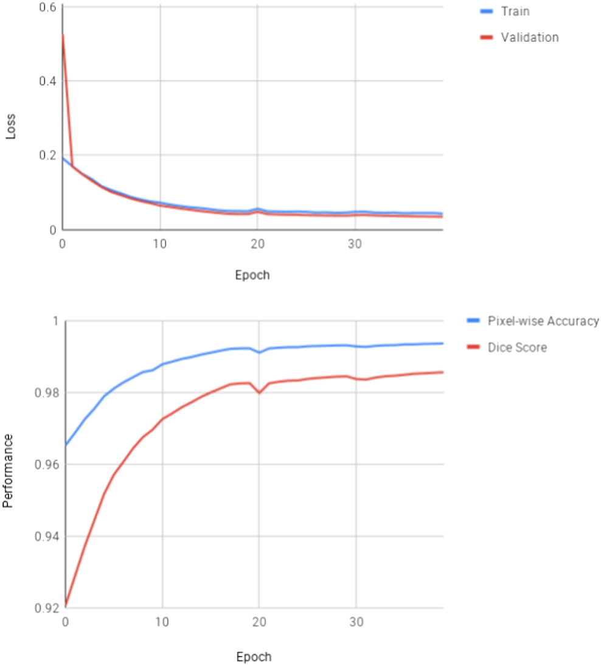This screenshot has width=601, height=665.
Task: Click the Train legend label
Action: tap(515, 11)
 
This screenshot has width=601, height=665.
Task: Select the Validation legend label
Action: tap(529, 38)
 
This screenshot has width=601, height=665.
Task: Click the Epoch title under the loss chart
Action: tap(252, 275)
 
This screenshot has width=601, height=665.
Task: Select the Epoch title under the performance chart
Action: tap(254, 657)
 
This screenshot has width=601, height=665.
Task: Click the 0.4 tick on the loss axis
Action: tap(47, 81)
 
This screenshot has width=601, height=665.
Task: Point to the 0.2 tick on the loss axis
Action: tap(47, 155)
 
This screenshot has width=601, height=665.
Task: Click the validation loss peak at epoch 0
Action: tap(63, 35)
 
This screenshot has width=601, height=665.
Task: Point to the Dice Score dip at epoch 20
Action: tap(260, 392)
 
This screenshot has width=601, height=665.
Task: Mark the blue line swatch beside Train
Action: tap(486, 11)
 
